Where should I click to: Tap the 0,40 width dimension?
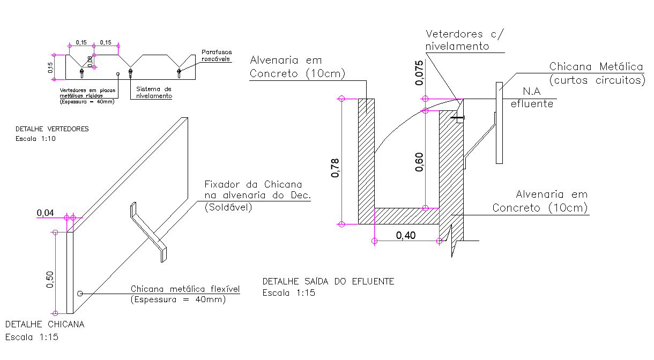pos(406,235)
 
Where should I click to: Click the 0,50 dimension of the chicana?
pos(49,279)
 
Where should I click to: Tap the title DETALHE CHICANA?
pos(44,324)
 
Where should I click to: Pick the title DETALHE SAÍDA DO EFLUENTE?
pos(328,281)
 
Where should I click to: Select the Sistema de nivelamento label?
pos(154,92)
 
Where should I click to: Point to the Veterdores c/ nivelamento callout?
pos(464,40)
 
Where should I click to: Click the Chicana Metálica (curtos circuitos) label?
pos(596,73)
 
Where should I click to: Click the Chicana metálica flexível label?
pos(185,294)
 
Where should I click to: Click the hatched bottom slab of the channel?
pos(406,216)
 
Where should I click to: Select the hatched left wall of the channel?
pos(366,161)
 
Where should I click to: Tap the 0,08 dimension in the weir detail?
pos(90,62)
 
